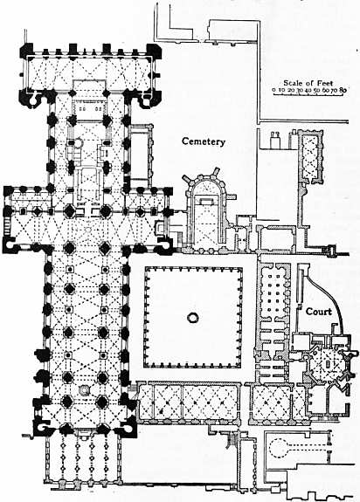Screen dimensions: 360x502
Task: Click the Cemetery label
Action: pyautogui.click(x=204, y=141)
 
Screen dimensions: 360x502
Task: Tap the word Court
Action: pyautogui.click(x=318, y=311)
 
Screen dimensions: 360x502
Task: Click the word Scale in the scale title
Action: pyautogui.click(x=293, y=83)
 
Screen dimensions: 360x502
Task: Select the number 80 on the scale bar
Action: pyautogui.click(x=343, y=90)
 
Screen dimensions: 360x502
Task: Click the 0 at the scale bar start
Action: pyautogui.click(x=273, y=90)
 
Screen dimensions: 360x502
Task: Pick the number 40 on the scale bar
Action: pyautogui.click(x=308, y=90)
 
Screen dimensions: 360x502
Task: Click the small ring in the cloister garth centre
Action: pyautogui.click(x=193, y=317)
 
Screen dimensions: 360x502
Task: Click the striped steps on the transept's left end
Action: pyautogui.click(x=7, y=225)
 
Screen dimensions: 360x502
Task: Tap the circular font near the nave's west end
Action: pyautogui.click(x=84, y=389)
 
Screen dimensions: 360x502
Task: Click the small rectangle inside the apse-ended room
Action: pyautogui.click(x=206, y=202)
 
